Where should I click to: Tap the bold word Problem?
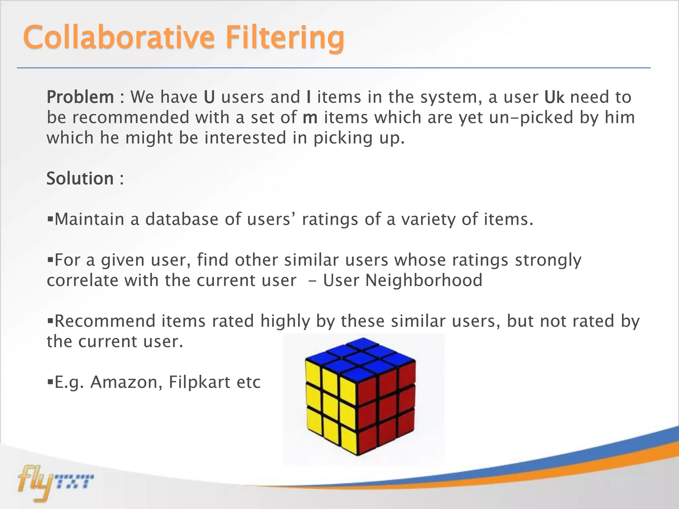(80, 97)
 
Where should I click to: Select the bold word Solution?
(80, 178)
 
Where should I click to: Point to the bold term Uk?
(554, 97)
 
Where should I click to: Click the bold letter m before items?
(310, 118)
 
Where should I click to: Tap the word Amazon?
(126, 382)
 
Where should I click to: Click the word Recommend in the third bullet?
(105, 321)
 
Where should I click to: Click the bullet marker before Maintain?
(50, 219)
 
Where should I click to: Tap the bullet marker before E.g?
(50, 382)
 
